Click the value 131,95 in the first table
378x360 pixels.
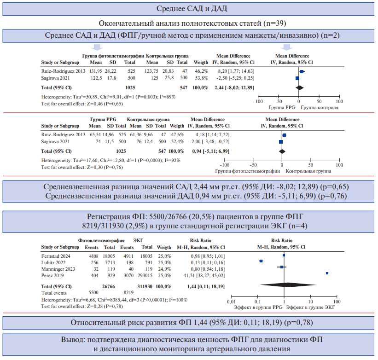tap(96, 71)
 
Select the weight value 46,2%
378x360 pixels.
tap(201, 71)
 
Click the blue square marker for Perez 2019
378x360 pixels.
tap(327, 273)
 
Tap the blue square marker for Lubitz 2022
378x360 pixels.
tap(261, 261)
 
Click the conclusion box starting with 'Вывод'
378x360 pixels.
tap(189, 344)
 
